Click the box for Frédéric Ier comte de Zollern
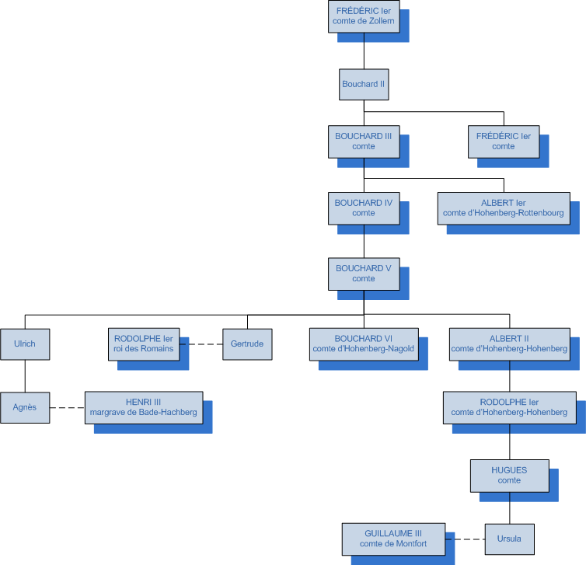364,16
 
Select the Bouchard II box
364,84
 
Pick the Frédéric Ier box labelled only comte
503,141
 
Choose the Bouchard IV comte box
364,208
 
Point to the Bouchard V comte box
364,274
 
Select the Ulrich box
25,343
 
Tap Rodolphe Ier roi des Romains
144,344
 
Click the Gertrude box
247,344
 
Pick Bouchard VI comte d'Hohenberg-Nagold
364,344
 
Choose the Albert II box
509,344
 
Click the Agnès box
25,406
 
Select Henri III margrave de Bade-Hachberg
144,406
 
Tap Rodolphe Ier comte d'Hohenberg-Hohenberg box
509,407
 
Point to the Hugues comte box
509,475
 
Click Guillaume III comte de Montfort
393,539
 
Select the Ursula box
509,539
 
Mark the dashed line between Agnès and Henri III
67,407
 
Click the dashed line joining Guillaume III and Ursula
466,539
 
